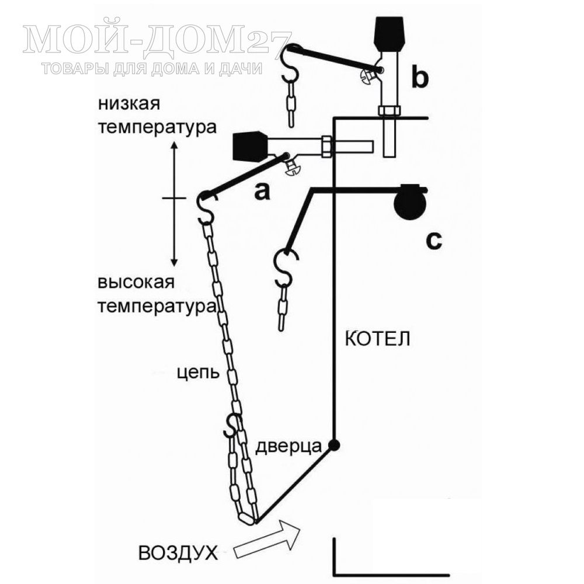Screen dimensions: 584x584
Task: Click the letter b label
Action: [420, 77]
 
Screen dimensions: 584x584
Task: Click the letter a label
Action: [262, 192]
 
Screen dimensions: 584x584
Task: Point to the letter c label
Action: [434, 241]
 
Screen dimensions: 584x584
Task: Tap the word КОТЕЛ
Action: [377, 339]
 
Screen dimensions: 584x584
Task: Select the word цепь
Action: [198, 373]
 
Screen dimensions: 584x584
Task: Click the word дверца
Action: [288, 446]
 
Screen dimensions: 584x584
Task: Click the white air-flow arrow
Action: [267, 538]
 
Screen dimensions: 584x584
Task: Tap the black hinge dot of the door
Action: [333, 444]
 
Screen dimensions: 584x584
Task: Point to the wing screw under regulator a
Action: [293, 168]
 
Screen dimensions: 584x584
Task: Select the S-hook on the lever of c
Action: [286, 267]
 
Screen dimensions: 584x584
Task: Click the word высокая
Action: [136, 282]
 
